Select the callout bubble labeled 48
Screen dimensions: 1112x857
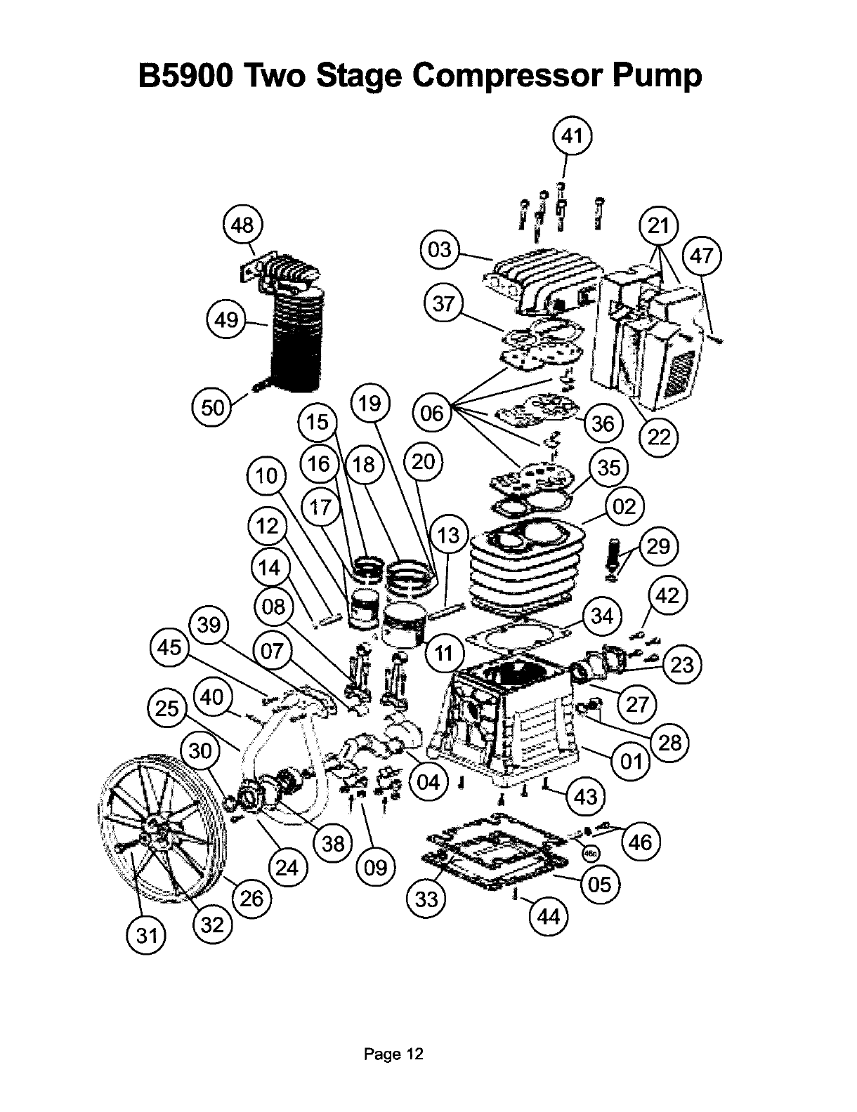pos(242,225)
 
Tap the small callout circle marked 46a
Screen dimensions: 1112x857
pos(592,852)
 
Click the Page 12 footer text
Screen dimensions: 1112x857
pos(393,1054)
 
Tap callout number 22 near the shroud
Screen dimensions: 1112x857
pos(658,437)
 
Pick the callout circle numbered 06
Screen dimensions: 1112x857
pos(432,412)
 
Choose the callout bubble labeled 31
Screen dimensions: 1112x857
pos(146,936)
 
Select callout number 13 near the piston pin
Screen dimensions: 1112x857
pos(447,536)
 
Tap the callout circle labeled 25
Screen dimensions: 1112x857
pos(167,708)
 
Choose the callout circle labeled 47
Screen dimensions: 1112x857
pos(702,256)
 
